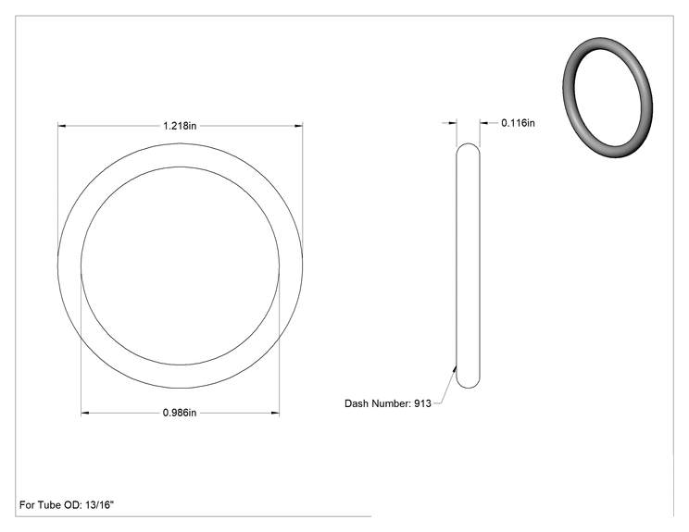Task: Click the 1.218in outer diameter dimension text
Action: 180,126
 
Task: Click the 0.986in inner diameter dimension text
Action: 180,413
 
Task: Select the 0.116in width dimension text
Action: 518,123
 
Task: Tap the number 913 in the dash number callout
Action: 422,403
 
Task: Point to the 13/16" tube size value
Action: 99,505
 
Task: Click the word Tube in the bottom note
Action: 48,505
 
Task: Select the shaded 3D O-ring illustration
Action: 608,97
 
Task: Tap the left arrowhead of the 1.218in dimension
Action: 61,126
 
